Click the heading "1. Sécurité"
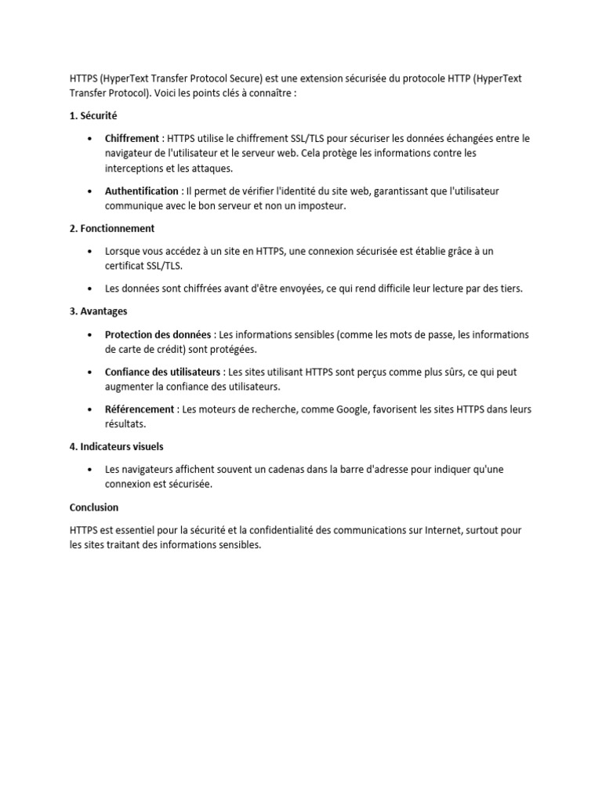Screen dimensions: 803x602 [x=92, y=116]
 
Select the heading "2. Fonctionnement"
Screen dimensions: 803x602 [x=112, y=229]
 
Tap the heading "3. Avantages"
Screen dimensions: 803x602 [x=98, y=311]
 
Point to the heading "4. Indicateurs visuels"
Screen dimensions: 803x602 [x=116, y=447]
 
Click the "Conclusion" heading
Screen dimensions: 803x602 [x=93, y=507]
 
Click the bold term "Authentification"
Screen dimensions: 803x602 [x=142, y=191]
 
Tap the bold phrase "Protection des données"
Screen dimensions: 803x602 [x=158, y=335]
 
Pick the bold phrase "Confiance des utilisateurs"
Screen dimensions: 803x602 [x=162, y=372]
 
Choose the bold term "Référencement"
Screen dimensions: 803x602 [x=140, y=409]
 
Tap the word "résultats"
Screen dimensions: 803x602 [x=125, y=424]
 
